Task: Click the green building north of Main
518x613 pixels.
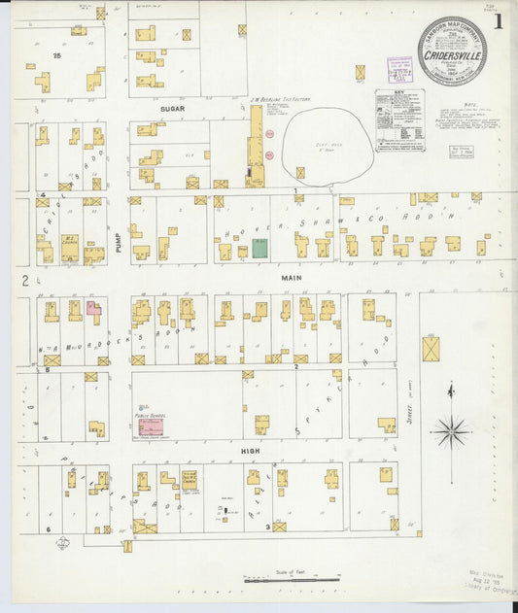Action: [259, 249]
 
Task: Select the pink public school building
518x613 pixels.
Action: [151, 426]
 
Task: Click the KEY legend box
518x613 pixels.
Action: [399, 120]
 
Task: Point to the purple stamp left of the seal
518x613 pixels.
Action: [399, 69]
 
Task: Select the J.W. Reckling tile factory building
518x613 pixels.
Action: [255, 146]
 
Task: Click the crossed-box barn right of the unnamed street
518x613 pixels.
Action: [431, 348]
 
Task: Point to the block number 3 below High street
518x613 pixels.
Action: [267, 528]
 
